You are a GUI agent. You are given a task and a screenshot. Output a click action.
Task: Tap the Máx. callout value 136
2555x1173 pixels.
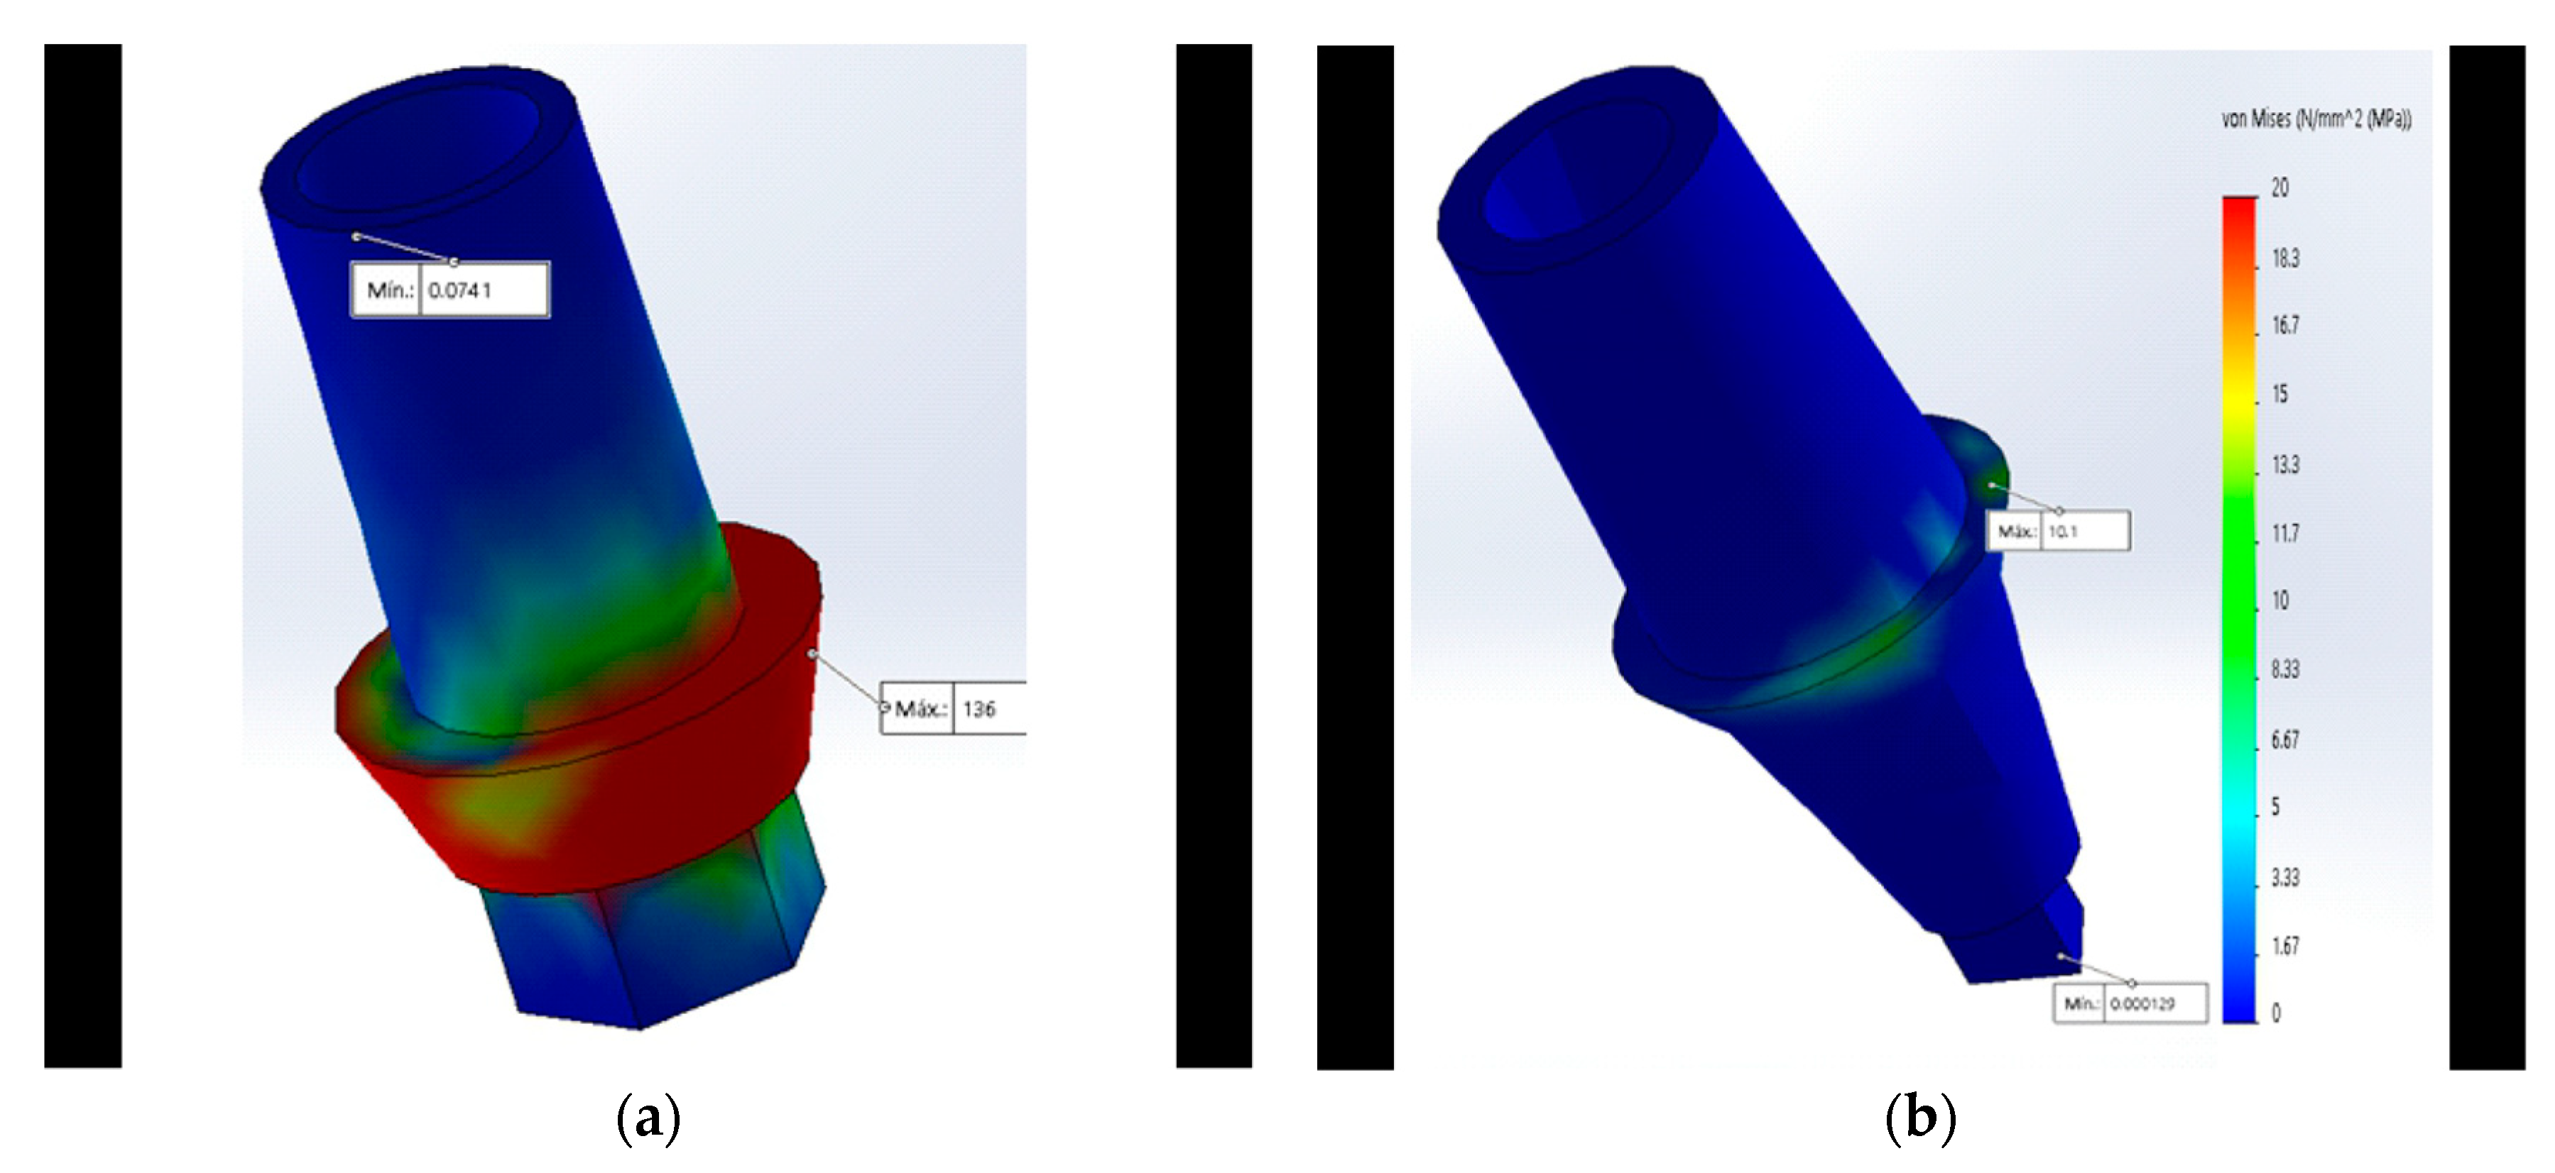979,709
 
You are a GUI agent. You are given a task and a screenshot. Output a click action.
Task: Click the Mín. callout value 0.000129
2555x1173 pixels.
2142,1003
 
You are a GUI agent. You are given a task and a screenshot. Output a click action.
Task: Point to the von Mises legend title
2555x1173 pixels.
2316,120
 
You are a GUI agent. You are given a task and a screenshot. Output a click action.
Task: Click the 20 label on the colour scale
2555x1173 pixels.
2280,187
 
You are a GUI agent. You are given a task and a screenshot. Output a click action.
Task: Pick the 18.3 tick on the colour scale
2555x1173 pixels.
2285,259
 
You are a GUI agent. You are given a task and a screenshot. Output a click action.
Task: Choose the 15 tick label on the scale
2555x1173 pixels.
2280,395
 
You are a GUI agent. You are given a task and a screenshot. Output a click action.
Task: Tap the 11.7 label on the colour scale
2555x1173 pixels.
2285,534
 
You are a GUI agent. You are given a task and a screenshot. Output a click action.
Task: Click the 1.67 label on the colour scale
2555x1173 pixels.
2285,947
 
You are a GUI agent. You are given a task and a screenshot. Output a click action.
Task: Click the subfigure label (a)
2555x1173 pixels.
648,1118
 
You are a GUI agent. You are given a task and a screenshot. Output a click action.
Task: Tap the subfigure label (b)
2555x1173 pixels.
1919,1118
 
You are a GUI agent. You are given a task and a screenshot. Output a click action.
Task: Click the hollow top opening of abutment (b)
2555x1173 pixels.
1547,183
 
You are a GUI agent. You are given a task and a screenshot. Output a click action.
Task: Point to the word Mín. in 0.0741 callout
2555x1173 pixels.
389,290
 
